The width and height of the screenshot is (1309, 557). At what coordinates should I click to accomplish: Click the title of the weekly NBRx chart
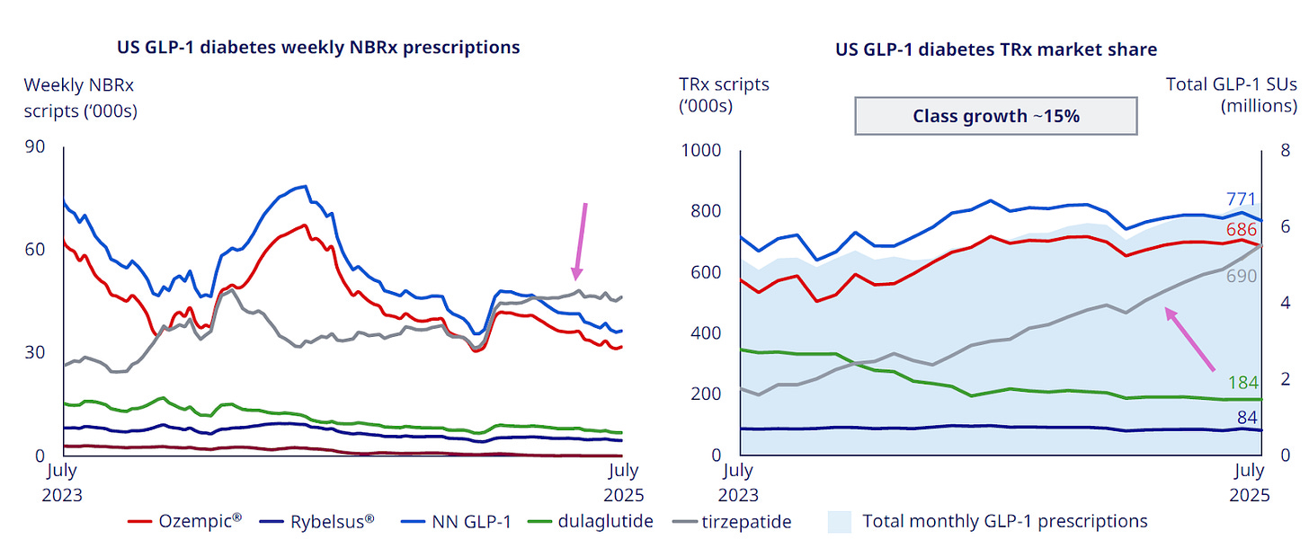(x=318, y=48)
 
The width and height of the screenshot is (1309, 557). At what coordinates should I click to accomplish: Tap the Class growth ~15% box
(x=995, y=116)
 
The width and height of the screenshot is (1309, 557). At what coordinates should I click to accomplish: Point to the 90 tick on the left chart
(x=35, y=147)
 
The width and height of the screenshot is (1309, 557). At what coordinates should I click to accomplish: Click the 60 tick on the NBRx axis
(x=35, y=250)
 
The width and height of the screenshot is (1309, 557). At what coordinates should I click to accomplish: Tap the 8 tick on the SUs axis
(x=1285, y=149)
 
